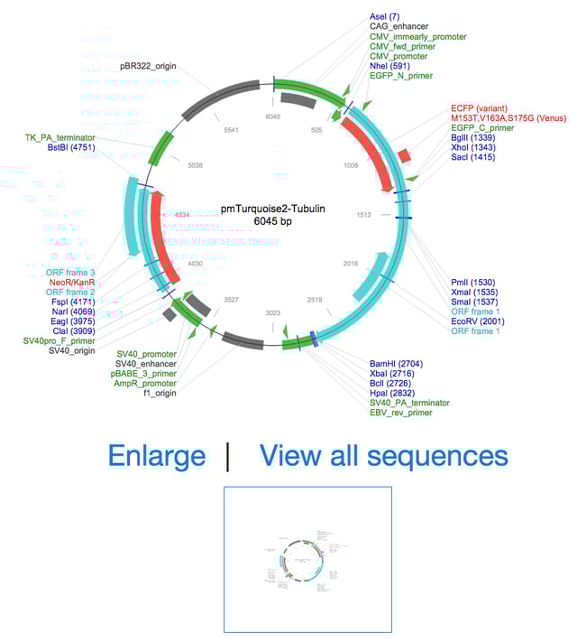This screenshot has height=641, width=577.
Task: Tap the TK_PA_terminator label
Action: click(60, 137)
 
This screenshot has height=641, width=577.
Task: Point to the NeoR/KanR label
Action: click(71, 283)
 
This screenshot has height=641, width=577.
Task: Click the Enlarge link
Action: click(156, 456)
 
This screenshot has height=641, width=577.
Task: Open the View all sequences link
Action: click(383, 456)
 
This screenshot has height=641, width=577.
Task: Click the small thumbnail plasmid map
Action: click(307, 561)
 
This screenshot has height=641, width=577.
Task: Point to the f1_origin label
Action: click(152, 393)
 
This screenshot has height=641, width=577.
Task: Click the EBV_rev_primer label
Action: click(401, 413)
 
